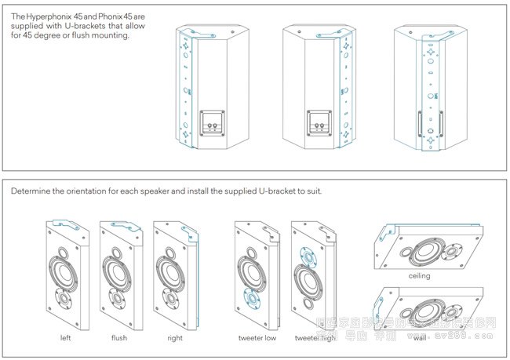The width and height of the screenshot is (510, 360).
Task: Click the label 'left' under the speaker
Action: tap(65, 338)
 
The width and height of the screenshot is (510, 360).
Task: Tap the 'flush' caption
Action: tap(120, 338)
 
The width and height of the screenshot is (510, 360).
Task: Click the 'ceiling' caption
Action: tap(420, 276)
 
